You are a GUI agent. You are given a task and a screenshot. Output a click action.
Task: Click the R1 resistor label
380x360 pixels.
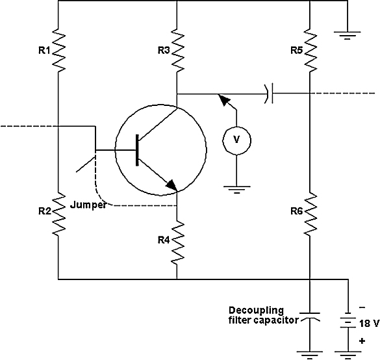[x=44, y=51]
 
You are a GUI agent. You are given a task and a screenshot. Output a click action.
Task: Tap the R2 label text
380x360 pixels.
[x=45, y=211]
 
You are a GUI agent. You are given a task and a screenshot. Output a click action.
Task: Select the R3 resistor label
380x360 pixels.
[x=164, y=51]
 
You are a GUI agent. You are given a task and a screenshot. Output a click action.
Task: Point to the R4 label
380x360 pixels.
[x=164, y=240]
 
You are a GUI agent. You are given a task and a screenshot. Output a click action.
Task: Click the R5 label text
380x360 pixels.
[x=297, y=51]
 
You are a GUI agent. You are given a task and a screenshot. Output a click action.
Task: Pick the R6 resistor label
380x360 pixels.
[x=297, y=211]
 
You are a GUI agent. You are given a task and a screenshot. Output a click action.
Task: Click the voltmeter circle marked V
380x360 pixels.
[x=236, y=140]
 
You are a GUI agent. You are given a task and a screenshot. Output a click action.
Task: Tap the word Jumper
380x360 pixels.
[x=88, y=205]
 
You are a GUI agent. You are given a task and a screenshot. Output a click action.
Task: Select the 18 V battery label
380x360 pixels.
[x=369, y=324]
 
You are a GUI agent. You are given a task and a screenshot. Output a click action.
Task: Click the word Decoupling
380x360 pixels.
[x=256, y=311]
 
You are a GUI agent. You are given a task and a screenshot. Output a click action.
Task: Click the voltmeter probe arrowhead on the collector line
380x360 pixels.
[x=223, y=99]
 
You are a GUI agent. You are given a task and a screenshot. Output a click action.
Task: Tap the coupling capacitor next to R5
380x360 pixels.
[x=269, y=94]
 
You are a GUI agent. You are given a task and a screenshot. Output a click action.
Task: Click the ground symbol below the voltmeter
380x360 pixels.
[x=237, y=190]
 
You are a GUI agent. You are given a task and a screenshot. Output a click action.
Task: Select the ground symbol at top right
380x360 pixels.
[x=347, y=35]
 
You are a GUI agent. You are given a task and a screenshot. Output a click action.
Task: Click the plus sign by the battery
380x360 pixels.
[x=362, y=341]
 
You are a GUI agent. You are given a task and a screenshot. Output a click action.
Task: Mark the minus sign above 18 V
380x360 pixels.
[x=362, y=307]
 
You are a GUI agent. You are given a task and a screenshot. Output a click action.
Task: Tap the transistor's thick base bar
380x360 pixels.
[x=138, y=150]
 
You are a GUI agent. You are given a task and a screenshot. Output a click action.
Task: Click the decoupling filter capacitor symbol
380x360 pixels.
[x=310, y=316]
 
